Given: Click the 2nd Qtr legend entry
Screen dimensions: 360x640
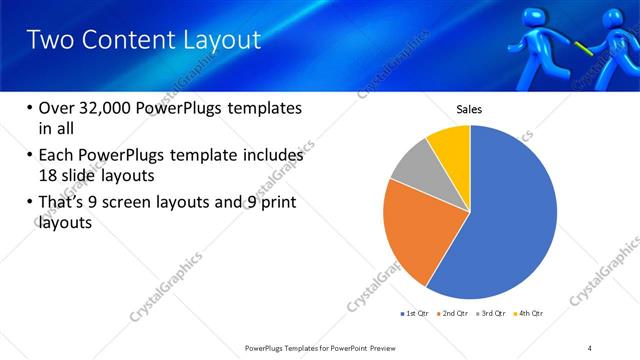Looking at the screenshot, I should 455,313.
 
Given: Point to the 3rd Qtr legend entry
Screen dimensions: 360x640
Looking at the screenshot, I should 493,313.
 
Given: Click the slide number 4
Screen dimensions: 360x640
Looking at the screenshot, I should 590,347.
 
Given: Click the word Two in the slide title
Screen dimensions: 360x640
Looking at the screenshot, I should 47,40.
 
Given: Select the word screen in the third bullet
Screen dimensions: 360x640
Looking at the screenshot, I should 140,203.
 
